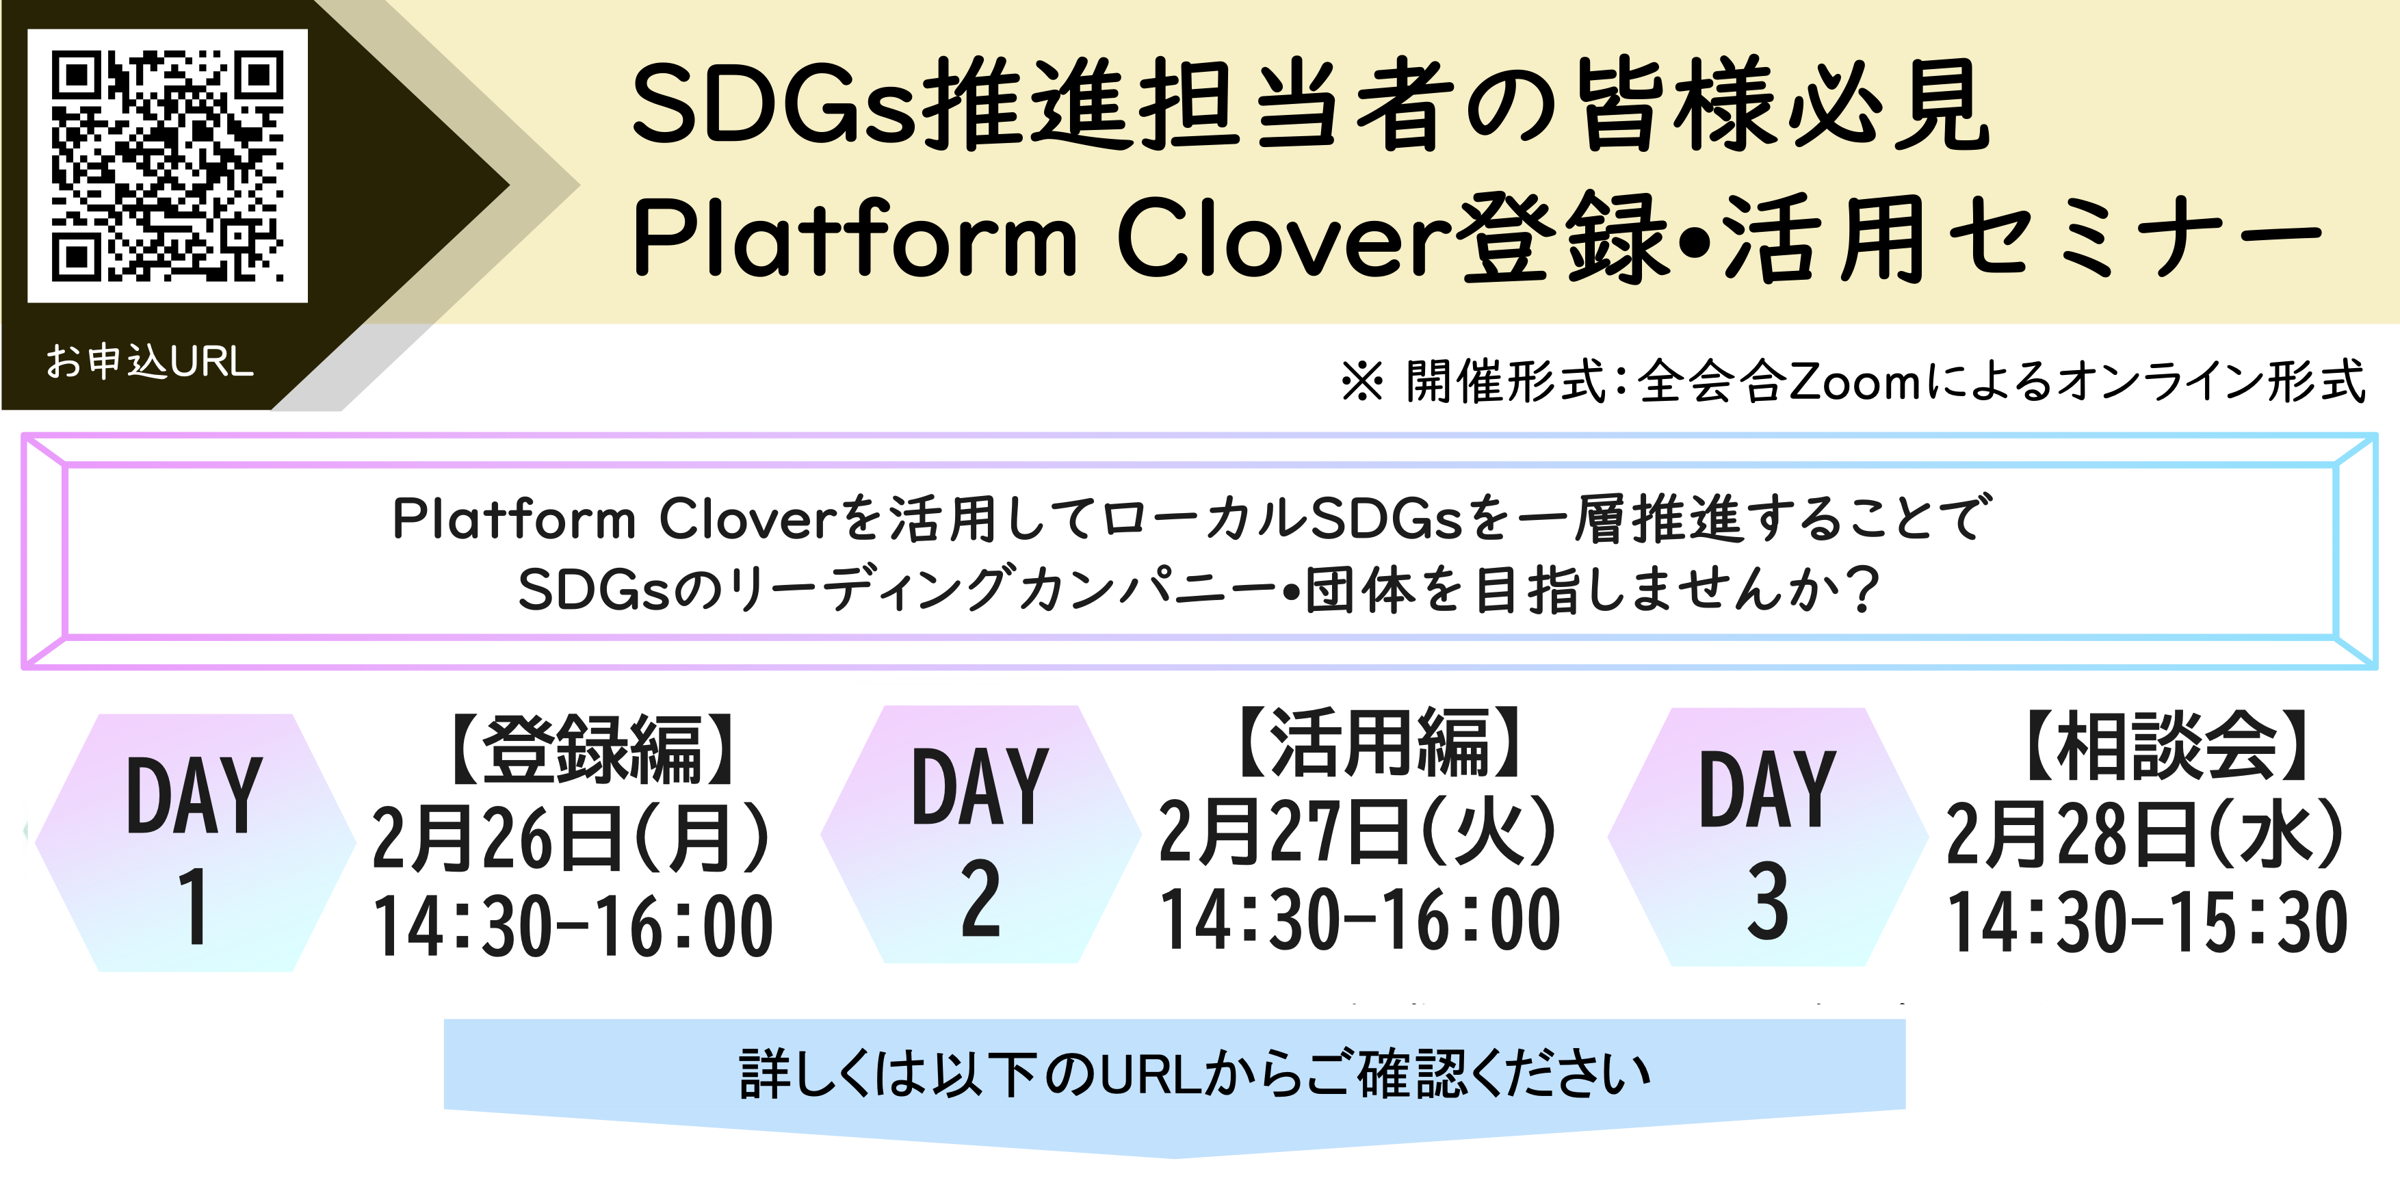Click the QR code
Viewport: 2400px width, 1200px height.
[168, 166]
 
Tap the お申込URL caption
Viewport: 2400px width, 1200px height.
[150, 361]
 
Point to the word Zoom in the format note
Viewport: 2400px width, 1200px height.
[1853, 382]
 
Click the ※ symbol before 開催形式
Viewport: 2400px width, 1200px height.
[1362, 382]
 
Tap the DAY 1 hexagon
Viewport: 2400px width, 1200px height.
[194, 843]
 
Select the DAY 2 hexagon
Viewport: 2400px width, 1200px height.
[980, 835]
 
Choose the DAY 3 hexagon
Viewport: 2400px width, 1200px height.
[1767, 837]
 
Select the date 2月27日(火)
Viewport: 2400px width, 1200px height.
[1357, 830]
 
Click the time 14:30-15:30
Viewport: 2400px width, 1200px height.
[2148, 922]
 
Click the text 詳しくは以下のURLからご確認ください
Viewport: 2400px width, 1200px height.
[1195, 1073]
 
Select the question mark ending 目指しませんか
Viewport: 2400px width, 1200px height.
[1862, 590]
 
